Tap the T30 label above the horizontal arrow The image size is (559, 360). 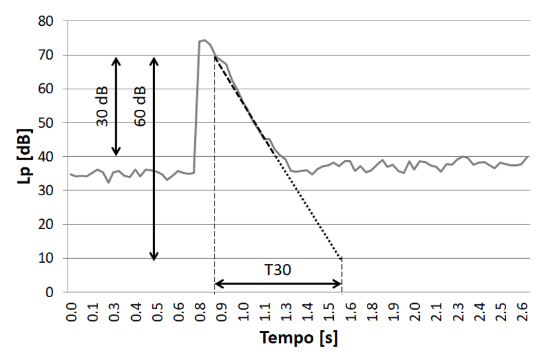tap(278, 271)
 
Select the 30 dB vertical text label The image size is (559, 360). tap(101, 106)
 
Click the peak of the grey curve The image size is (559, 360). tap(204, 40)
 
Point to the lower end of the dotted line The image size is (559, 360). tap(342, 259)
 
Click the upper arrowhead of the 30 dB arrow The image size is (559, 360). tap(115, 60)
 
